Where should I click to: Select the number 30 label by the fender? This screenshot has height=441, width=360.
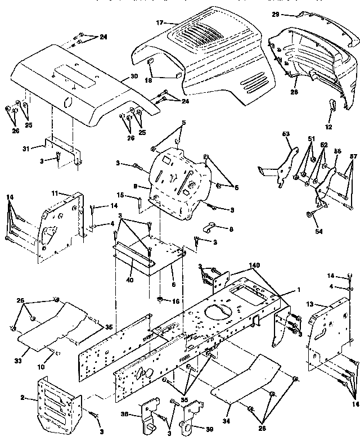click(133, 77)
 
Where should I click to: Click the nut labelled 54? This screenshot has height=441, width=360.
click(310, 214)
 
